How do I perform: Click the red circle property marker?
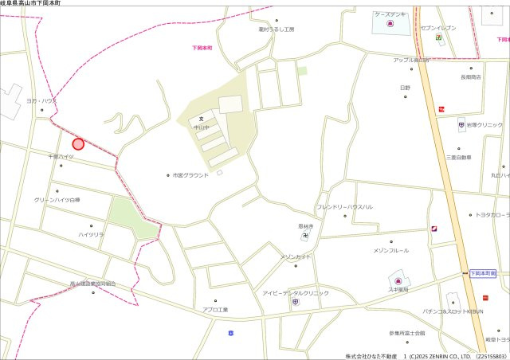click(78, 144)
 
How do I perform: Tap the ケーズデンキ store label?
click(389, 14)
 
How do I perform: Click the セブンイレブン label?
click(438, 28)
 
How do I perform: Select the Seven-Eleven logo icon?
click(438, 37)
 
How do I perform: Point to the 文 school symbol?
click(213, 119)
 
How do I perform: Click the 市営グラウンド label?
click(190, 175)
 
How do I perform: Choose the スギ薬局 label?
click(398, 291)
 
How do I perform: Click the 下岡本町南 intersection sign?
click(482, 273)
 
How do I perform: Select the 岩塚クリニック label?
click(484, 125)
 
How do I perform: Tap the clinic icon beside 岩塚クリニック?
click(461, 125)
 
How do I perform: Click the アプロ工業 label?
click(215, 309)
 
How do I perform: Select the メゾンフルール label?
click(390, 250)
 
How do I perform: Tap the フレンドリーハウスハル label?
click(344, 207)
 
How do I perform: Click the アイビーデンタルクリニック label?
click(296, 293)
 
